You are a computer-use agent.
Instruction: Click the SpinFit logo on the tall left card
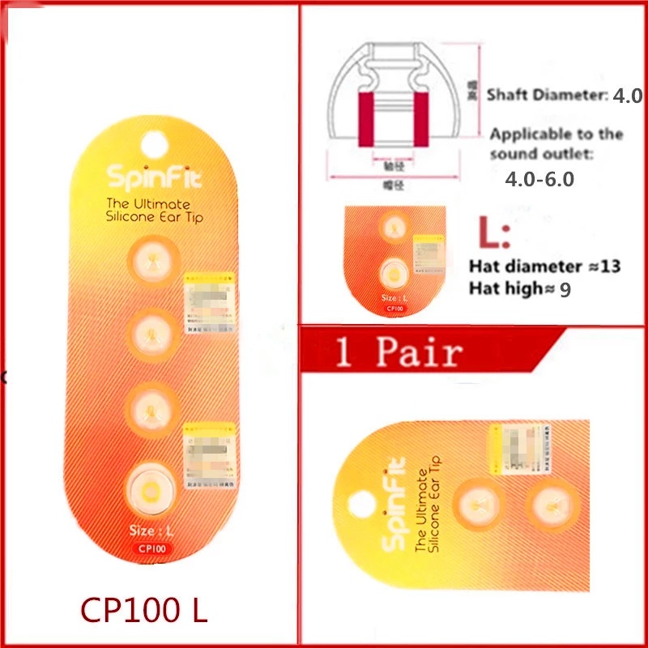150,175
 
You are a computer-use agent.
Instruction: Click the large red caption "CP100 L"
143,608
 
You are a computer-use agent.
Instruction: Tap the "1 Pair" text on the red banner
399,352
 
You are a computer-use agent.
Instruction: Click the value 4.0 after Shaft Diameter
627,95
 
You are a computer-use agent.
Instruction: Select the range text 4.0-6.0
539,179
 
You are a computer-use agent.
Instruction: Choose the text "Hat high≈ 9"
520,288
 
